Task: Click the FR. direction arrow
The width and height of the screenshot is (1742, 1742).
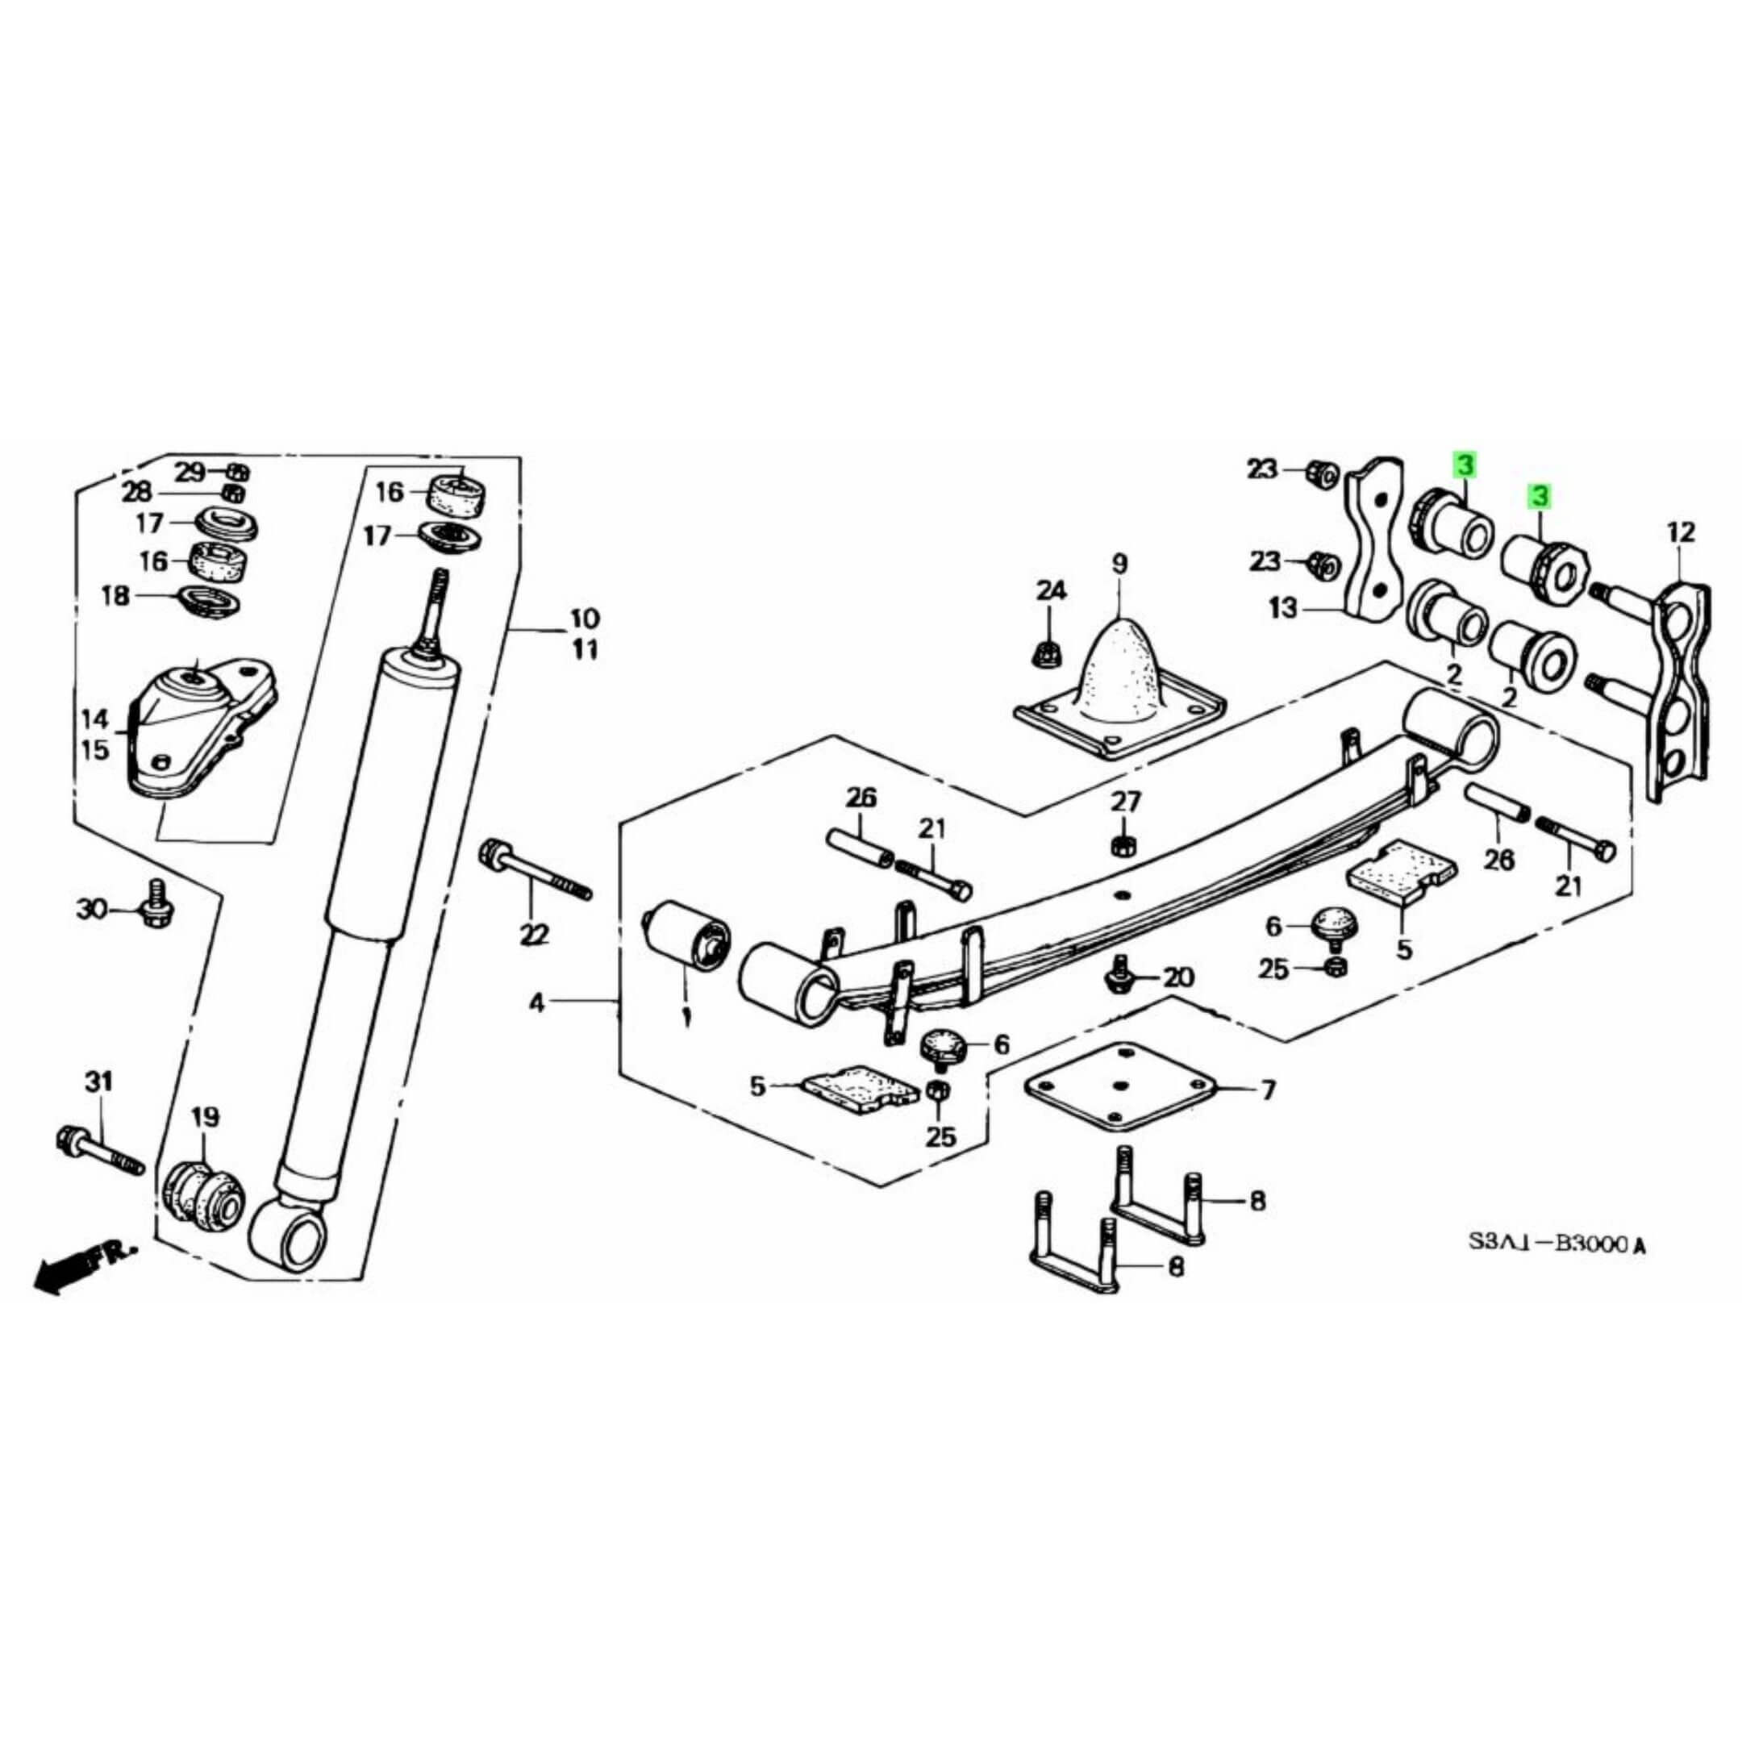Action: pos(81,1266)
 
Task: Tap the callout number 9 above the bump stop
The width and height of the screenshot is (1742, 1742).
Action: pos(1119,564)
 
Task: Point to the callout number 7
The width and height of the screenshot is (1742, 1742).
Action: pos(1269,1091)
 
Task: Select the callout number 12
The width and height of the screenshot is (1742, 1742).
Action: pos(1682,532)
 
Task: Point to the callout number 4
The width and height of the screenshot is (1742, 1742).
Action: pos(536,1002)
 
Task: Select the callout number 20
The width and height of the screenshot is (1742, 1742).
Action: pos(1177,977)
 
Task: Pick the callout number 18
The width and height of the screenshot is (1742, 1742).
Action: pos(115,596)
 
